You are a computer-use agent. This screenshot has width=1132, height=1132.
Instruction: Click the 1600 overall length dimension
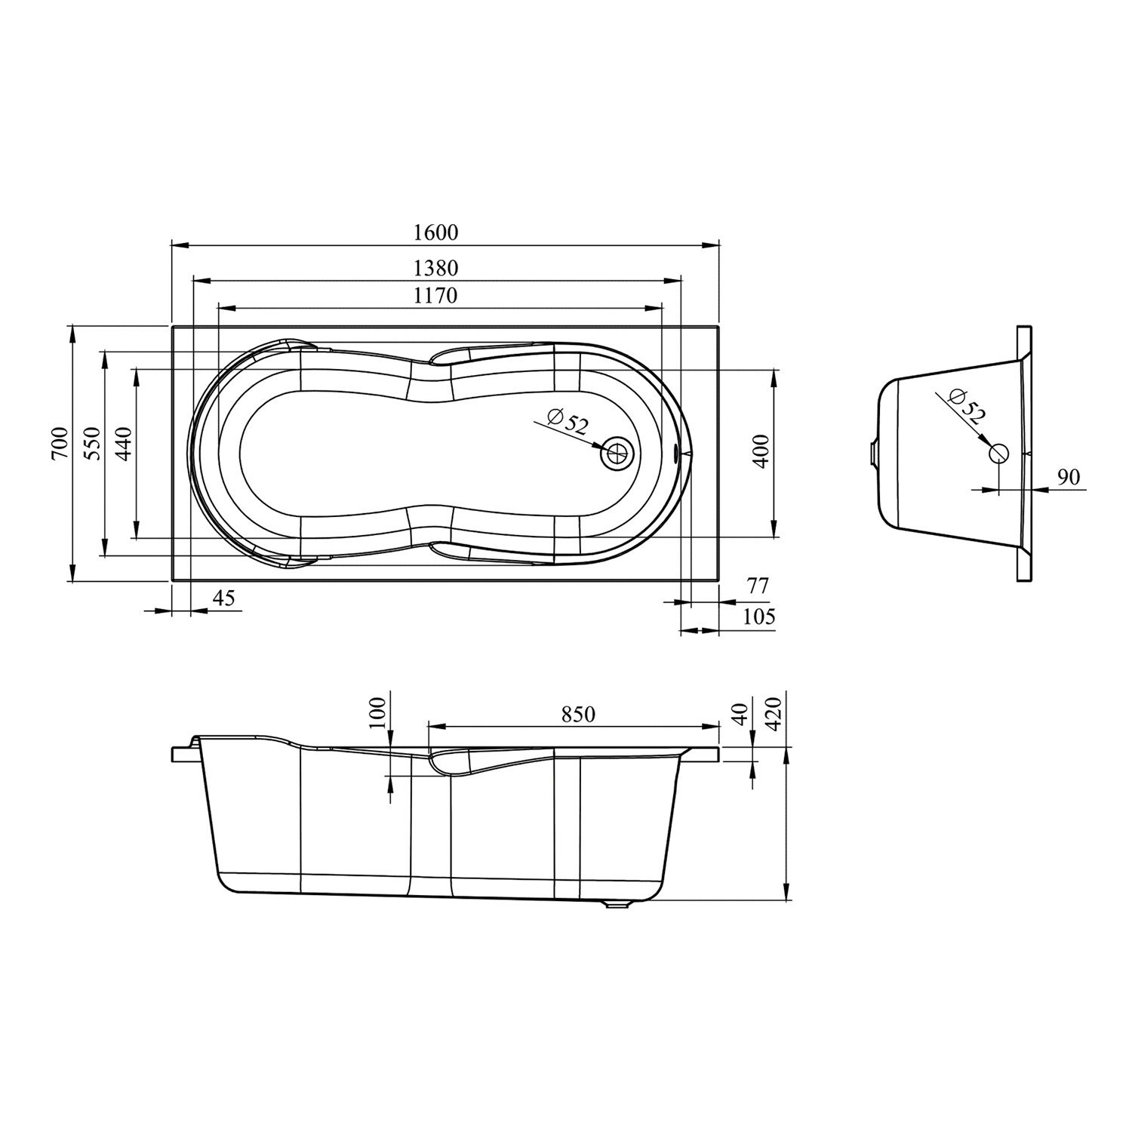click(x=436, y=232)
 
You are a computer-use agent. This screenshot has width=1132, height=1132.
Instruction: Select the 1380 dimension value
click(x=436, y=268)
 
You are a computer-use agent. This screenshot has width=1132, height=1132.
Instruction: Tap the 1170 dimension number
click(x=435, y=295)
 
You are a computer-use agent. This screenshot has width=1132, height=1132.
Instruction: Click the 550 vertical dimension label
click(x=91, y=443)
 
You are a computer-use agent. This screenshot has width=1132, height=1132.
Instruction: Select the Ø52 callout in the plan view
click(x=568, y=420)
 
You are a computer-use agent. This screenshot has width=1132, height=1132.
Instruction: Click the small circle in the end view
click(x=998, y=454)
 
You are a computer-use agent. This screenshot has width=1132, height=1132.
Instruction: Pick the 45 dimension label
click(x=224, y=598)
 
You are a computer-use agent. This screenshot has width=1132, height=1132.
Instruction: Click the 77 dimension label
click(x=757, y=586)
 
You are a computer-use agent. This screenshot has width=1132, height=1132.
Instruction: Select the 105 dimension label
click(x=759, y=617)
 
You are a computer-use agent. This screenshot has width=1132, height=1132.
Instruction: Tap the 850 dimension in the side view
click(x=579, y=714)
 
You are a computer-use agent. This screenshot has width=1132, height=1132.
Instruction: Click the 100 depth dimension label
click(x=378, y=712)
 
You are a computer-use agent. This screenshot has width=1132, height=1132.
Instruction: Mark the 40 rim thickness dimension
click(x=741, y=714)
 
